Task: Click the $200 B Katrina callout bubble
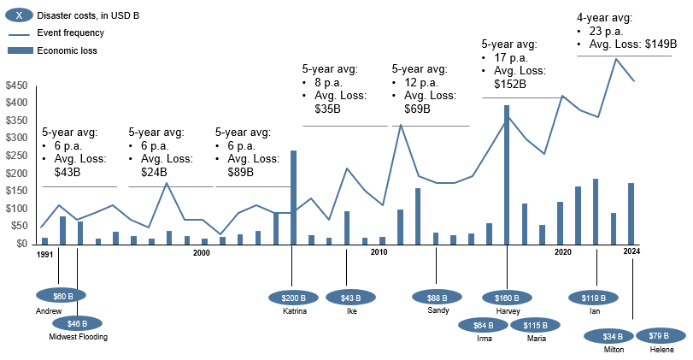click(x=293, y=298)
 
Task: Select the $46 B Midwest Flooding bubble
click(x=77, y=324)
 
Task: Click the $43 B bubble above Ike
click(x=349, y=298)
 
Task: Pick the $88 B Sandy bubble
click(x=437, y=298)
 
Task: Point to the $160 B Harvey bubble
click(x=507, y=298)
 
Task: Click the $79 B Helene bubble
click(x=660, y=336)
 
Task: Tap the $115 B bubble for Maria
click(x=535, y=325)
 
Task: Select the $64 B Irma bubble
click(x=483, y=325)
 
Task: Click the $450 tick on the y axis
click(x=16, y=86)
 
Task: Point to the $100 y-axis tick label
click(x=16, y=209)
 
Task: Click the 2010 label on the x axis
click(x=379, y=252)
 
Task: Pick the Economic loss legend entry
click(x=67, y=50)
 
